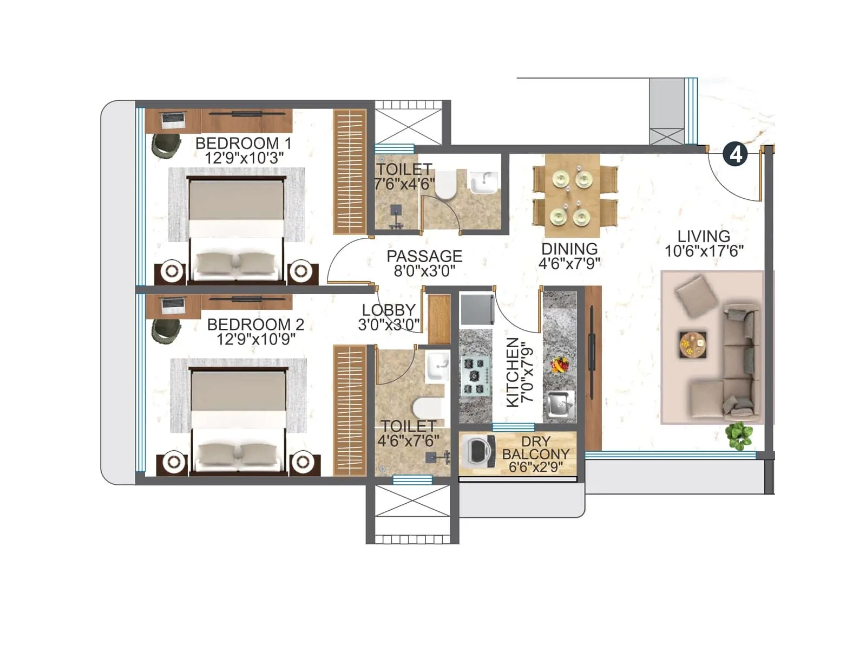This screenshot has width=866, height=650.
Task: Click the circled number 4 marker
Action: click(x=736, y=154)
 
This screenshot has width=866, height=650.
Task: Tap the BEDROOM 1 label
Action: click(x=244, y=144)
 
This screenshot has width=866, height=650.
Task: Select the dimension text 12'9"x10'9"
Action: click(x=256, y=340)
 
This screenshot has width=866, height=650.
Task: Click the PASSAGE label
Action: click(x=424, y=256)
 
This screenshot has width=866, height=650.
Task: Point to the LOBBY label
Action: click(x=389, y=310)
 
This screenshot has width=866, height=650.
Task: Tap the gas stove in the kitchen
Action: click(x=475, y=375)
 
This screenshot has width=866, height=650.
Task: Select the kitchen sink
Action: click(x=560, y=404)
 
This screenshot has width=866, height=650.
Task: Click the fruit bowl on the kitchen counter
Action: click(x=559, y=364)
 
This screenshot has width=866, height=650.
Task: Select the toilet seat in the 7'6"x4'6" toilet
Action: click(x=447, y=186)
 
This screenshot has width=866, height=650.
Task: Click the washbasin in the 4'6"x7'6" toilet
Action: click(x=437, y=367)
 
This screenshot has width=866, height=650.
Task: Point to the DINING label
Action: click(x=569, y=249)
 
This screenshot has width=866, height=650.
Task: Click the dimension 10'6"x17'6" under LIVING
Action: click(x=704, y=251)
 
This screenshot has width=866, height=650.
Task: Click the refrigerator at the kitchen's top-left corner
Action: click(x=476, y=309)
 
